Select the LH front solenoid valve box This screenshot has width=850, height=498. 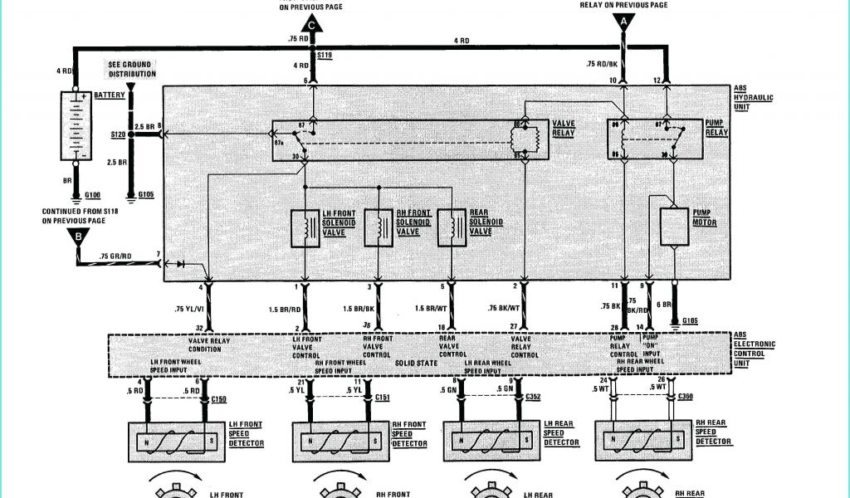pos(305,229)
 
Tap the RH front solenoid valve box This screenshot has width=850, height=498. pos(379,229)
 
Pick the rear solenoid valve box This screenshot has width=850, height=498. pos(451,229)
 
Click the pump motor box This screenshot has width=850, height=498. pos(675,227)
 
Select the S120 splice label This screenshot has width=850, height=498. pos(118,133)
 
